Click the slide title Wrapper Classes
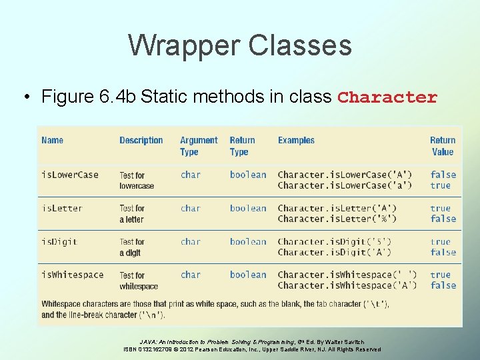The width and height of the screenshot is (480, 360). (x=239, y=45)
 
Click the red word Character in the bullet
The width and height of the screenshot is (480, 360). (x=387, y=97)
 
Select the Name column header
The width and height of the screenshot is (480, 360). (x=52, y=140)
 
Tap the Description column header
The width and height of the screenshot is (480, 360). (x=141, y=140)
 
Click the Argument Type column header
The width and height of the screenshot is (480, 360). (x=198, y=146)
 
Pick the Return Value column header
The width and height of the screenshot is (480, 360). (x=443, y=146)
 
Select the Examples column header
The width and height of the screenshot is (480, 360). (x=296, y=140)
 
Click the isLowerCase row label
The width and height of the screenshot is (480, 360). (x=69, y=175)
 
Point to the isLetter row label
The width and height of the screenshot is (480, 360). (x=61, y=208)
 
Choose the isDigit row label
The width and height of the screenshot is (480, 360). (x=59, y=241)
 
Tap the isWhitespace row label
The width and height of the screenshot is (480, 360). (x=72, y=275)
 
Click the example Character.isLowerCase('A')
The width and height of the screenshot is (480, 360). (x=345, y=175)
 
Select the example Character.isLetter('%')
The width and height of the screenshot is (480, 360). (x=337, y=219)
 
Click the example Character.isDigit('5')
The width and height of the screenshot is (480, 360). (x=334, y=241)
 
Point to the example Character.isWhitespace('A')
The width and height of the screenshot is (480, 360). (x=347, y=285)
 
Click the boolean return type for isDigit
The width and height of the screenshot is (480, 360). (x=247, y=241)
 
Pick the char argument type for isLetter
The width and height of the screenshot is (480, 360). (x=190, y=208)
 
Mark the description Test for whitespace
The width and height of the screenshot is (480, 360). (x=138, y=281)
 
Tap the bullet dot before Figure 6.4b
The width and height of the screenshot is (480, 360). (x=25, y=97)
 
